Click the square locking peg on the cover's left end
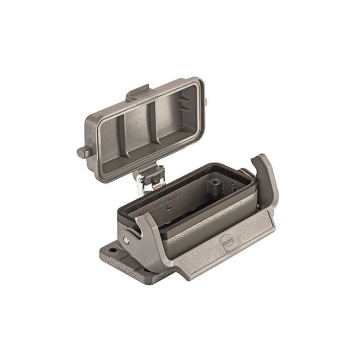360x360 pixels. point(82,152)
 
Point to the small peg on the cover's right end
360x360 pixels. point(205,102)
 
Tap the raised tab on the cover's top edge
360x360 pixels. point(138,91)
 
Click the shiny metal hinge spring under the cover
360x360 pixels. point(147,181)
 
